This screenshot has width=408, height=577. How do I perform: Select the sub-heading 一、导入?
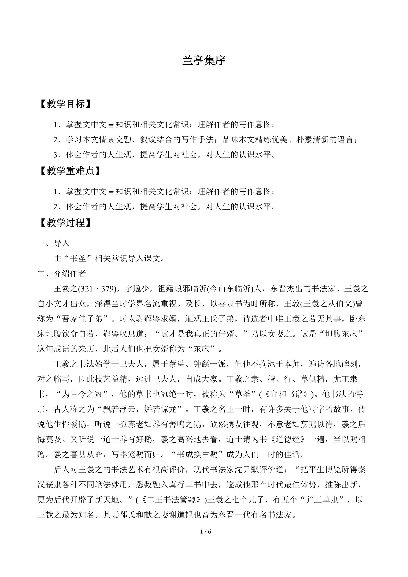pyautogui.click(x=53, y=243)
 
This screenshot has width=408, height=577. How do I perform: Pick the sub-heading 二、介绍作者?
pyautogui.click(x=62, y=274)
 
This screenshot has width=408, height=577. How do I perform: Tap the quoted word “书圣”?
pyautogui.click(x=78, y=258)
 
